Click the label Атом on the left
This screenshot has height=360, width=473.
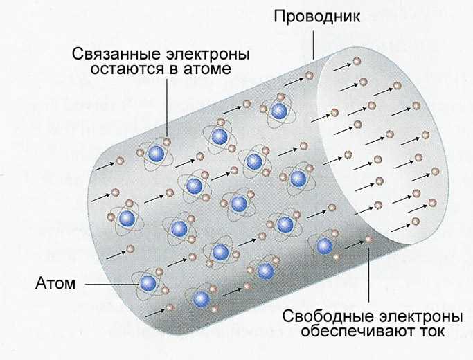point(55,283)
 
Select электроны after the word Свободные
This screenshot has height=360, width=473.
point(420,318)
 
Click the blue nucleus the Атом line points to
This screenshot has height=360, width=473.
point(148,281)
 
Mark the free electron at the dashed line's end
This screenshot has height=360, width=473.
point(368,240)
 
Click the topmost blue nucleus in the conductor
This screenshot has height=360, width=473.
point(278,111)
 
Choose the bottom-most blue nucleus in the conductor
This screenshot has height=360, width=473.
point(202,298)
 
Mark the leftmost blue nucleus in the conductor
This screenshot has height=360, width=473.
point(127,218)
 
